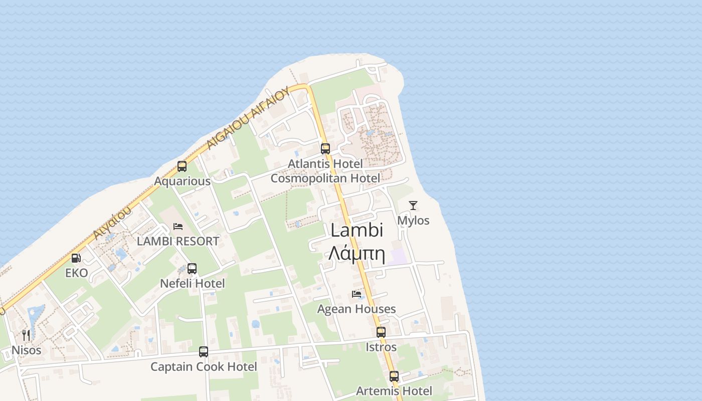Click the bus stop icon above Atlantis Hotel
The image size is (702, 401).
pos(325,148)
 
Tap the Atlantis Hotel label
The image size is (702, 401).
pos(325,164)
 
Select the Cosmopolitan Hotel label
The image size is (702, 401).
pos(325,178)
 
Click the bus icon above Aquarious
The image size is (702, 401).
pos(182,166)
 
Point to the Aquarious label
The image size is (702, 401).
pos(182,181)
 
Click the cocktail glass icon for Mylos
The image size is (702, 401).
pos(413,205)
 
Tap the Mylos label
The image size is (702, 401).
pos(413,221)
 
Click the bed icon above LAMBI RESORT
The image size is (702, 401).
pos(178,226)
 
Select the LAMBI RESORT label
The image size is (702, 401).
pos(178,241)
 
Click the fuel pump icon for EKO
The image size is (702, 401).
pos(76,258)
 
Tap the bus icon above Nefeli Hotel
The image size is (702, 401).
pos(192,269)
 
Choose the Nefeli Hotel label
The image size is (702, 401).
pos(193,284)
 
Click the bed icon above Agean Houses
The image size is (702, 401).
pos(357,294)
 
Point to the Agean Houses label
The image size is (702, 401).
pos(357,309)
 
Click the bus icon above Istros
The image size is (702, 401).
pos(381,332)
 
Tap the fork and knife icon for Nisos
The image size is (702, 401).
pos(26,335)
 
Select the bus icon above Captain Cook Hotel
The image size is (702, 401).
pos(204,352)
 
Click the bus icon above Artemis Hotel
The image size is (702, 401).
pos(394,376)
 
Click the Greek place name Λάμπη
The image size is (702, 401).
pos(357,254)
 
